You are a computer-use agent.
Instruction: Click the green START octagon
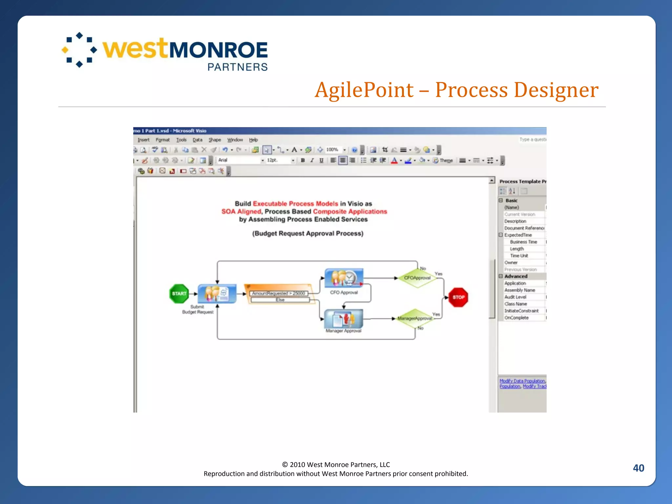click(x=179, y=294)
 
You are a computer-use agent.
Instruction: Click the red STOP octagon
click(x=458, y=297)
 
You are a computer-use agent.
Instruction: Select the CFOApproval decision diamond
click(x=417, y=278)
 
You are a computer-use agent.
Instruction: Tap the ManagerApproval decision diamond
click(x=415, y=318)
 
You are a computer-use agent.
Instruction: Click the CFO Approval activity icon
click(x=344, y=278)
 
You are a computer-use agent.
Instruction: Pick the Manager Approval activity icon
click(x=343, y=319)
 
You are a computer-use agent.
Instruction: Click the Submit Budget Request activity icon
click(x=217, y=293)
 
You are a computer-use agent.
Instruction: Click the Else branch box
click(x=280, y=300)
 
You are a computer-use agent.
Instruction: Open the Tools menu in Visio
click(x=181, y=140)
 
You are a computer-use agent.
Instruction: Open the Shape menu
click(x=215, y=140)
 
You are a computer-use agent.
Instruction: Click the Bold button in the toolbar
click(x=303, y=160)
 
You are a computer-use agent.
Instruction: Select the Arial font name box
click(x=239, y=160)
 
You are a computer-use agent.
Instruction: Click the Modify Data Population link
click(x=522, y=381)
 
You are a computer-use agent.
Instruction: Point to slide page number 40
click(x=638, y=468)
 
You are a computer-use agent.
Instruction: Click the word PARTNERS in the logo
click(x=238, y=67)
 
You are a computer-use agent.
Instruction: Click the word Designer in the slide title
click(x=556, y=90)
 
